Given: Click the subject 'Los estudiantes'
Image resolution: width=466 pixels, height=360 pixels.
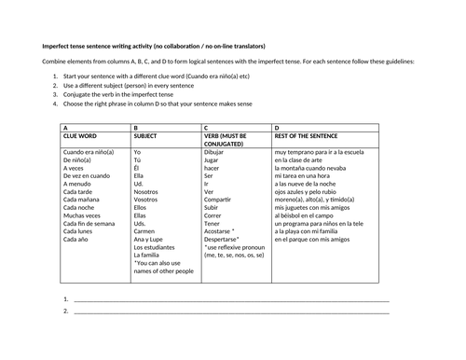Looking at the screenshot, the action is click(155, 247).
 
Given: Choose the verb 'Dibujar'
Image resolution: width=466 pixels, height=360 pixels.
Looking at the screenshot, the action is click(214, 150).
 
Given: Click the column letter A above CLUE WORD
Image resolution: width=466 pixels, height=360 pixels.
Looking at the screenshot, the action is click(64, 128).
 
